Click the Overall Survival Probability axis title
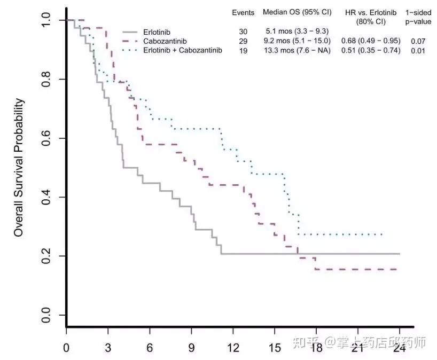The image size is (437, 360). (x=19, y=167)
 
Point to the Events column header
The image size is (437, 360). (x=243, y=12)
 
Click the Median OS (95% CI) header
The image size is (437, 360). (x=297, y=12)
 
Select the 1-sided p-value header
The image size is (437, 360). (x=418, y=17)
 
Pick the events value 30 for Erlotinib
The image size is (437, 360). (x=243, y=32)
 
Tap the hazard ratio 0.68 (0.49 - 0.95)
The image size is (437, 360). (x=371, y=41)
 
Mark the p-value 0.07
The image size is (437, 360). (x=418, y=41)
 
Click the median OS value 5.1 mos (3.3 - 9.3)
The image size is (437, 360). (x=297, y=32)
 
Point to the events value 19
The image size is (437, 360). (x=243, y=50)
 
